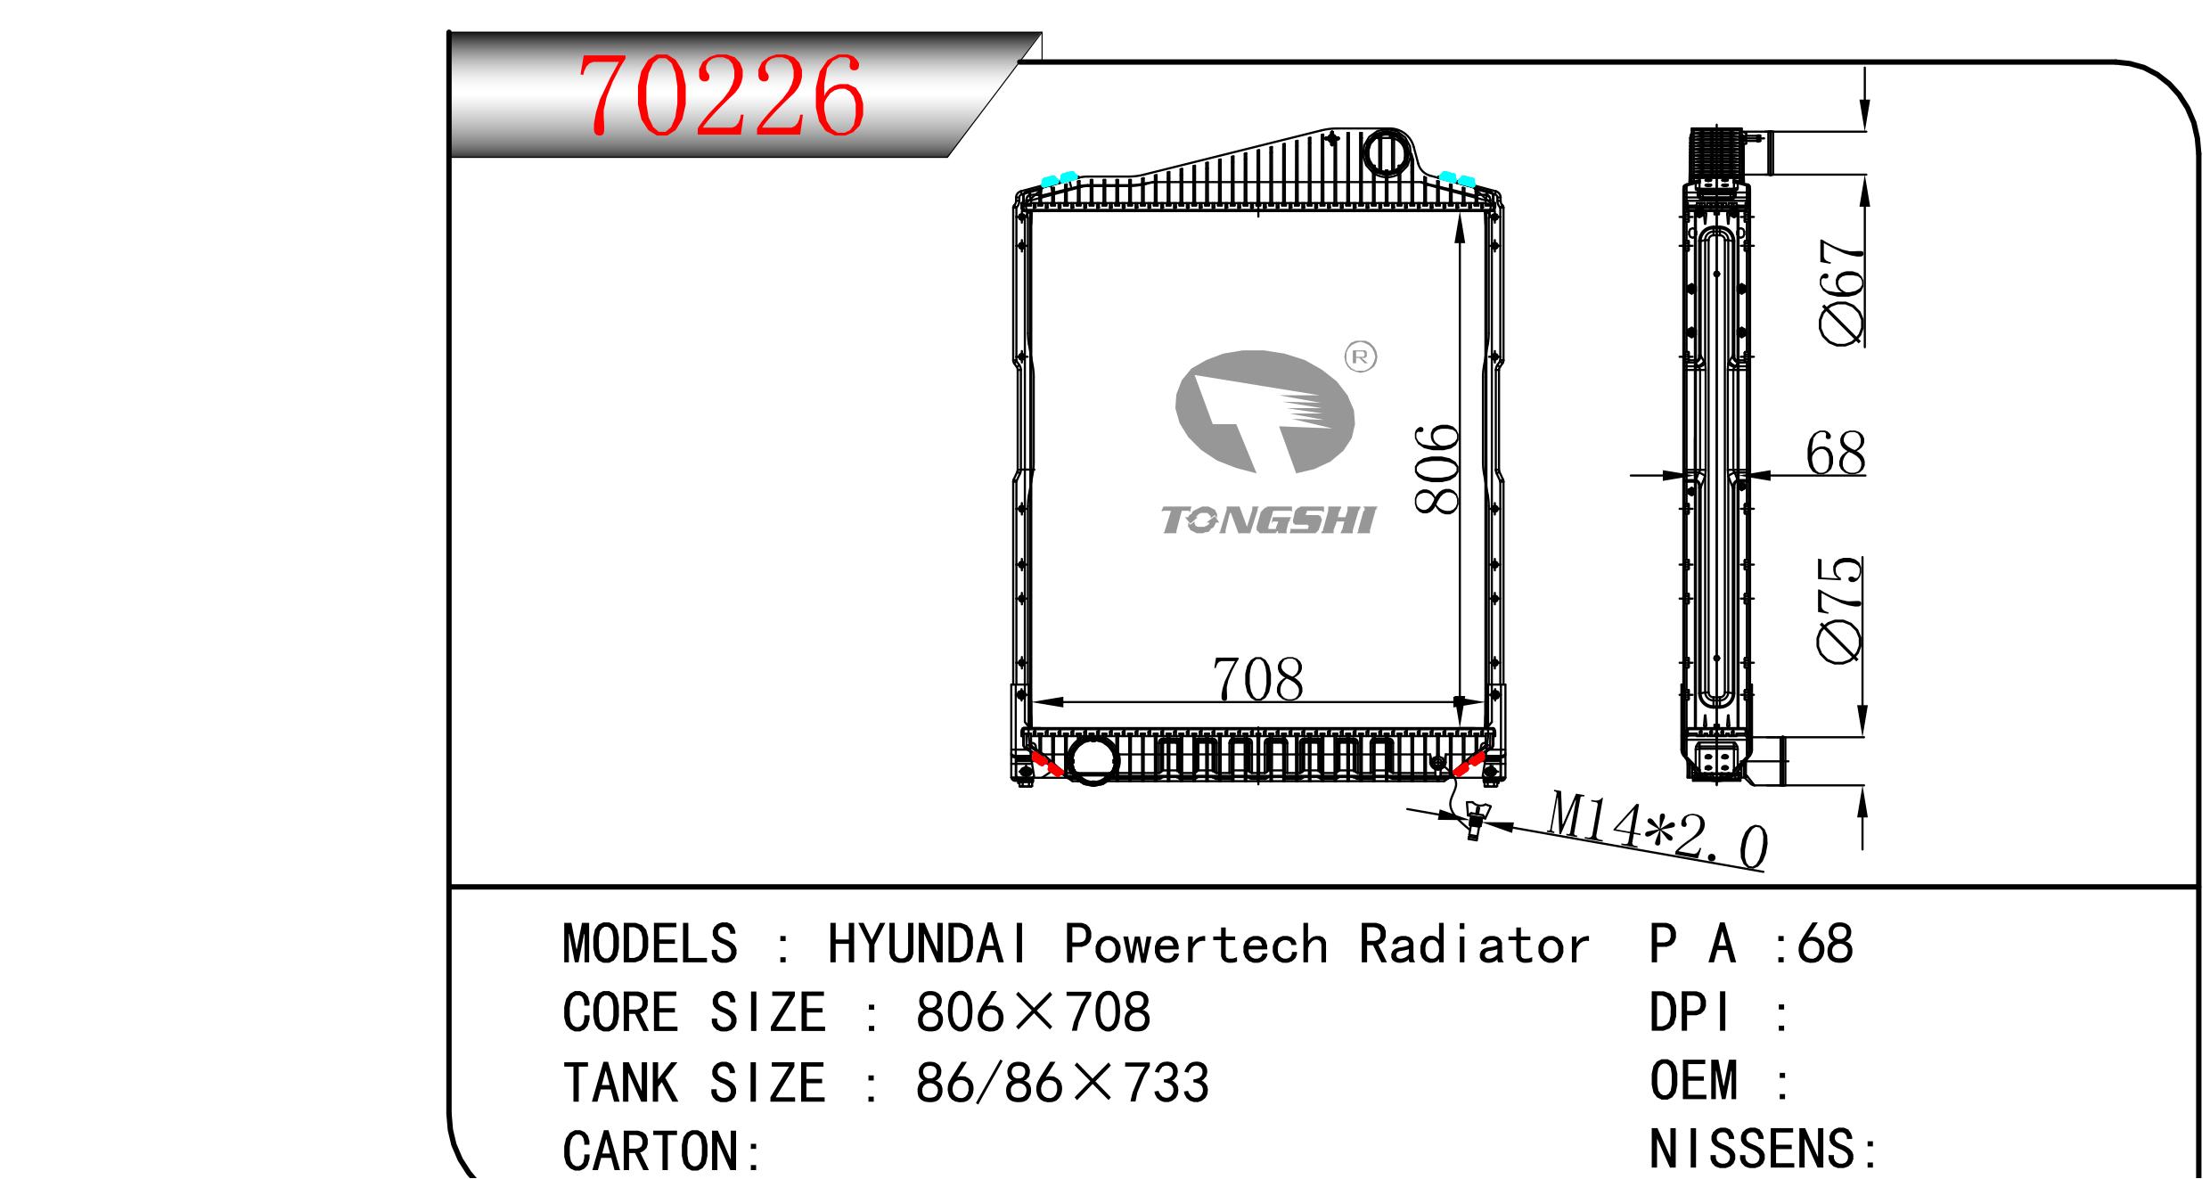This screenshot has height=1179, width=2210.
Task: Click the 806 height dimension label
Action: tap(1437, 469)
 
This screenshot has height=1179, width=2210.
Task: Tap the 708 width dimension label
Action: tap(1257, 681)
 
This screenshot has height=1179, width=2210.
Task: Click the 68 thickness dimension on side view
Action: tap(1835, 454)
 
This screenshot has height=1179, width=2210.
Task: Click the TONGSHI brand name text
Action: tap(1268, 520)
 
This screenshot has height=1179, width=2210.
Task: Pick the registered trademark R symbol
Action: tap(1360, 357)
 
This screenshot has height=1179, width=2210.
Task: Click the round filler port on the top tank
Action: tap(1384, 153)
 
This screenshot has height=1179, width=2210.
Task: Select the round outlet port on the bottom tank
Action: tap(1093, 759)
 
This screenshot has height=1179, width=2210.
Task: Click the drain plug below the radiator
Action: tap(1473, 819)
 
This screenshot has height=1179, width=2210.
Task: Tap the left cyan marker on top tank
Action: tap(1060, 179)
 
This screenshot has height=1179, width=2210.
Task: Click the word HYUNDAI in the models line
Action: tap(929, 944)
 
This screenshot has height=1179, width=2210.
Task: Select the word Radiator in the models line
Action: tap(1474, 944)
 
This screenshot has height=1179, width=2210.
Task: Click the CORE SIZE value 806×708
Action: tap(1033, 1012)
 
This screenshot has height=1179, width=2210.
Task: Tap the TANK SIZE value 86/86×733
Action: tap(1061, 1083)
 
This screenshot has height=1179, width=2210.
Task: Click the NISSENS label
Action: tap(1763, 1149)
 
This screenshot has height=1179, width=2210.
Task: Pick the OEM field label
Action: tap(1693, 1080)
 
